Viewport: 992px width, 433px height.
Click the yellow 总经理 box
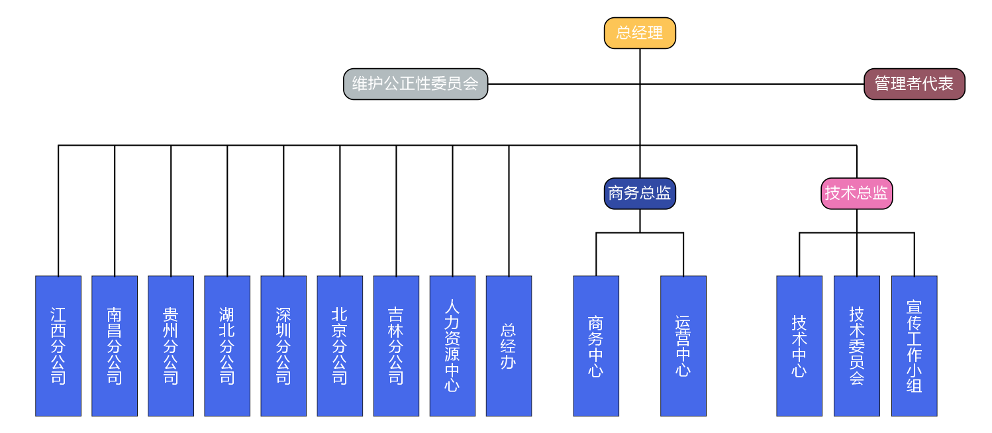[640, 33]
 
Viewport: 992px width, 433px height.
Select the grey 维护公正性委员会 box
[415, 84]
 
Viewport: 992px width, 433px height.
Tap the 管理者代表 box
[914, 84]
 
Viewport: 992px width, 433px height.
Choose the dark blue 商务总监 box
[640, 193]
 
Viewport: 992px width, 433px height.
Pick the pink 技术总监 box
[856, 193]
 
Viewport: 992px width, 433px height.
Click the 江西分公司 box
[58, 346]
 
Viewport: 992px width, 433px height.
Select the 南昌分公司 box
[115, 346]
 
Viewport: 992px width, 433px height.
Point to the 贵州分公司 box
[171, 346]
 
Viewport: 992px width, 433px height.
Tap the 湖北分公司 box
[227, 346]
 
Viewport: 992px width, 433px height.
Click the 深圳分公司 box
[283, 346]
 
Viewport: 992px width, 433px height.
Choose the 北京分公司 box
[340, 346]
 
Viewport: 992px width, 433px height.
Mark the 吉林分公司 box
[396, 346]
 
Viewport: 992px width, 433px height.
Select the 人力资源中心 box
[452, 346]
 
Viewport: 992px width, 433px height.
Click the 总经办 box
[509, 346]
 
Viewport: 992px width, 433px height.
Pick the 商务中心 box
[596, 346]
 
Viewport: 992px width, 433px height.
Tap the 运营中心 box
[683, 346]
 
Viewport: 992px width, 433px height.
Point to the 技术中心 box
[799, 346]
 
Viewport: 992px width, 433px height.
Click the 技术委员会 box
[857, 346]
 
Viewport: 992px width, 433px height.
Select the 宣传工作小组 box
[914, 346]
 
